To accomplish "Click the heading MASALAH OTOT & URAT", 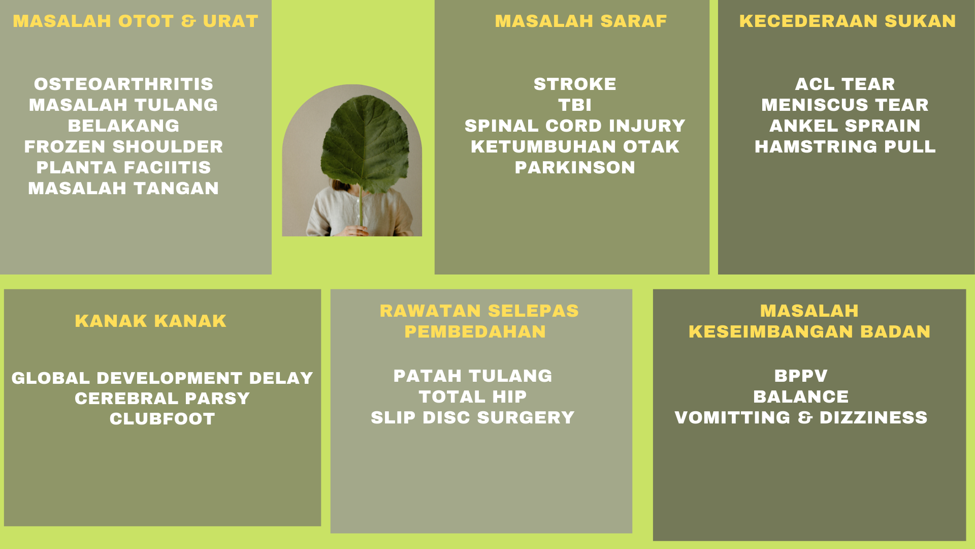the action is [x=136, y=21].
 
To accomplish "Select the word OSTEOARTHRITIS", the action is [x=123, y=84].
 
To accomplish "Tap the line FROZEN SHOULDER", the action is [x=123, y=146].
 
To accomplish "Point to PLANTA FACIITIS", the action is [x=123, y=167].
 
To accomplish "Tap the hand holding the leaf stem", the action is [x=359, y=231].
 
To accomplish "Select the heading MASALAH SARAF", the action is [x=581, y=21].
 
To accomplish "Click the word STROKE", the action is [x=575, y=84].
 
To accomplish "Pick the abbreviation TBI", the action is [x=575, y=105].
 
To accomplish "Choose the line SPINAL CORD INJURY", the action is [x=575, y=126].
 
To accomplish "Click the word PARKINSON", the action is [x=575, y=167].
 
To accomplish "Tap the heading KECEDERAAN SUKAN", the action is [x=848, y=21].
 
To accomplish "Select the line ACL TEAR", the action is [x=845, y=84].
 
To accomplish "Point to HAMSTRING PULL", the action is [x=845, y=146].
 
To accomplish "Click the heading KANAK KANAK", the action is [x=151, y=321].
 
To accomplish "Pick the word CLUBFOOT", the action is [x=162, y=419].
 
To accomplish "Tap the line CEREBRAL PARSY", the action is [x=162, y=398].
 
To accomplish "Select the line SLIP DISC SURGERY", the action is [x=473, y=417].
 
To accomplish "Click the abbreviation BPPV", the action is [x=801, y=376].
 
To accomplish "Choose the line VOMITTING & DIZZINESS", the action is [x=801, y=417].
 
